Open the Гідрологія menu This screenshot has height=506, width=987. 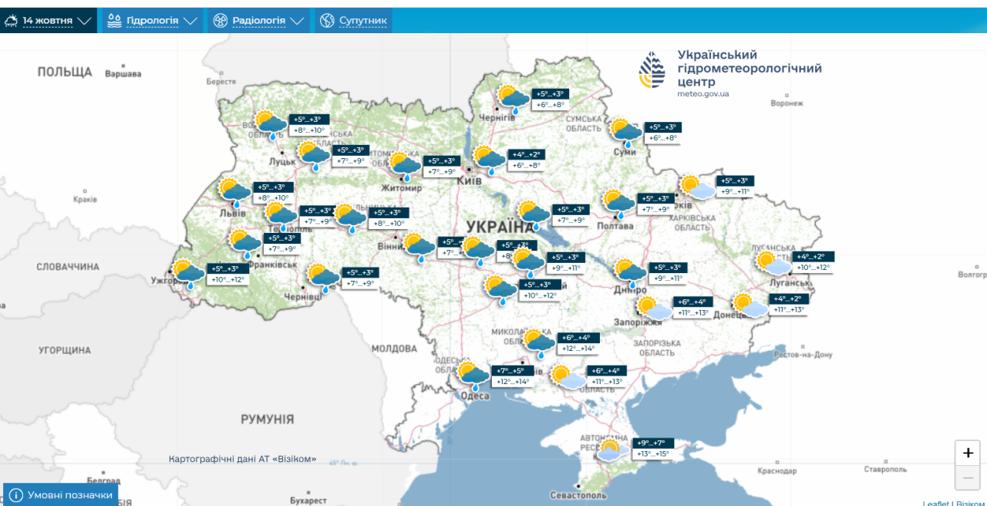[152, 21]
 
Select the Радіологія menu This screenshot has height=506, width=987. [258, 21]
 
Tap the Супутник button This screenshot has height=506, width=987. [353, 21]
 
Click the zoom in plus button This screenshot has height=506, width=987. [968, 453]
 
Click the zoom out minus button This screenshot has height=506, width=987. [968, 478]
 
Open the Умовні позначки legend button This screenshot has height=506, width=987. [61, 494]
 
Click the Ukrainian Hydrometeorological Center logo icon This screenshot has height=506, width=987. [652, 72]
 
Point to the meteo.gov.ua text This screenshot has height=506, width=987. [702, 94]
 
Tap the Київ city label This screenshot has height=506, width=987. [470, 180]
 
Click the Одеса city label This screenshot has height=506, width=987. [475, 396]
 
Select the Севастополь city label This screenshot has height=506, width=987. [579, 495]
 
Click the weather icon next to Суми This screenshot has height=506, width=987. [625, 132]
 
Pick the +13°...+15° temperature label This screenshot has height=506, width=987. [653, 454]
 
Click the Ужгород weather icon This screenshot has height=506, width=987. [187, 275]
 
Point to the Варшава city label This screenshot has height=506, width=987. [123, 74]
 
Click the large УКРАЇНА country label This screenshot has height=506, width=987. [500, 226]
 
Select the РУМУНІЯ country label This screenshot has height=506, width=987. [267, 420]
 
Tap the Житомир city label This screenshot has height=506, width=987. [401, 188]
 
